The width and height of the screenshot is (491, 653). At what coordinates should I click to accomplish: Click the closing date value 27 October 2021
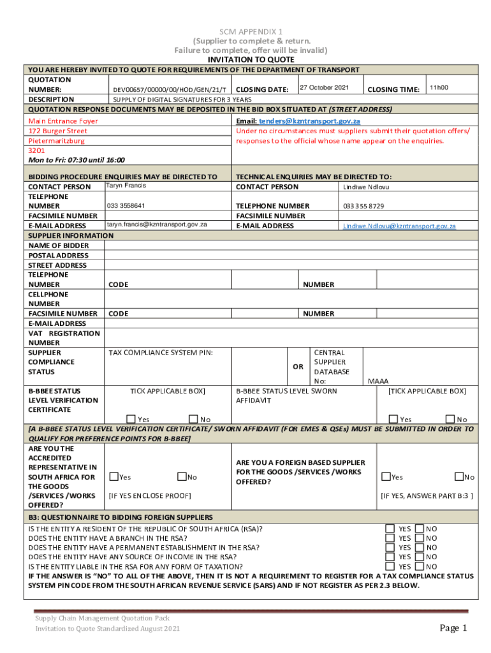[x=324, y=87]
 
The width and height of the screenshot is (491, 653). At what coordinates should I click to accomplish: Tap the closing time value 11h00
[x=438, y=87]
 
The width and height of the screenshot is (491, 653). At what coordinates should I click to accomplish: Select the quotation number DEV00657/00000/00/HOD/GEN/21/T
[x=169, y=90]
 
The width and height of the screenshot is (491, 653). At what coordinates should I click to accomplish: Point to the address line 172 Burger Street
[x=58, y=131]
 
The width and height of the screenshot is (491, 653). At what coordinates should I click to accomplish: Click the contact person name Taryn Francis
[x=126, y=186]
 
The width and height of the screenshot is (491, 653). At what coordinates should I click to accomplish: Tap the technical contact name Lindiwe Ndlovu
[x=366, y=187]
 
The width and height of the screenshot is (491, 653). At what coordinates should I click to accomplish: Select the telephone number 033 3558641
[x=126, y=205]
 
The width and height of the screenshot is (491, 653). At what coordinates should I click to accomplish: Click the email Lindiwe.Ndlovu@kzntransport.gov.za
[x=399, y=226]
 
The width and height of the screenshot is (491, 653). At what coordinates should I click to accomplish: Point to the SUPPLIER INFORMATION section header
[x=71, y=235]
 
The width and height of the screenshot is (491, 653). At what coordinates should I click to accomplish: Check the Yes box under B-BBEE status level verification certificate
[x=131, y=419]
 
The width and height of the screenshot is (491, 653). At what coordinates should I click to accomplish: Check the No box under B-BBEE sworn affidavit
[x=450, y=419]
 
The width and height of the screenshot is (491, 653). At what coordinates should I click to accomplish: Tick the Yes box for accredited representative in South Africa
[x=114, y=476]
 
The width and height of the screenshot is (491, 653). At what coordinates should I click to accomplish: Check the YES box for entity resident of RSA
[x=390, y=529]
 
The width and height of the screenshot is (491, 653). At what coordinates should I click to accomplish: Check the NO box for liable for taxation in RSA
[x=420, y=566]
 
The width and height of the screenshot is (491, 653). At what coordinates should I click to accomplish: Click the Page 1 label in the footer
[x=453, y=628]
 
